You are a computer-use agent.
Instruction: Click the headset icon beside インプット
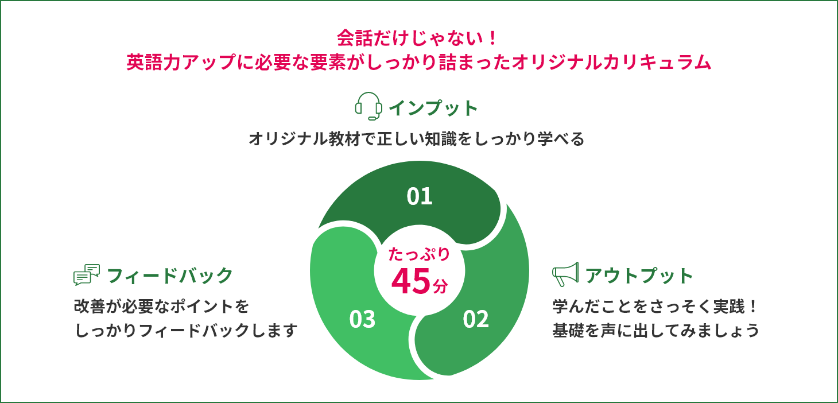pyautogui.click(x=368, y=106)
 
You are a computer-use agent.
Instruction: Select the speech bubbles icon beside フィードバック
pyautogui.click(x=87, y=274)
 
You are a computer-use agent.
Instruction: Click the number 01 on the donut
pyautogui.click(x=420, y=196)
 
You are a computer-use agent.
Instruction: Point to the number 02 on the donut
pyautogui.click(x=475, y=319)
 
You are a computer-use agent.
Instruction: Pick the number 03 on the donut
pyautogui.click(x=362, y=319)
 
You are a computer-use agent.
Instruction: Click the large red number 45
pyautogui.click(x=411, y=281)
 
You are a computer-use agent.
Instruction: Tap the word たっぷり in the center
pyautogui.click(x=420, y=254)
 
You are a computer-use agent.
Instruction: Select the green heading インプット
pyautogui.click(x=433, y=108)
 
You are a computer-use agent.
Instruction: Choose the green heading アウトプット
pyautogui.click(x=639, y=276)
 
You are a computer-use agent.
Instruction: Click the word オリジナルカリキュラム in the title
pyautogui.click(x=611, y=62)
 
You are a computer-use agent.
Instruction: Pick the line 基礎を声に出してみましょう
pyautogui.click(x=656, y=331)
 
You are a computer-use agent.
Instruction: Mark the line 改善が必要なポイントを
pyautogui.click(x=162, y=307)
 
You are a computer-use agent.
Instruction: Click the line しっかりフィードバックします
pyautogui.click(x=186, y=331)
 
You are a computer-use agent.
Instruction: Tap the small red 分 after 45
pyautogui.click(x=440, y=286)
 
